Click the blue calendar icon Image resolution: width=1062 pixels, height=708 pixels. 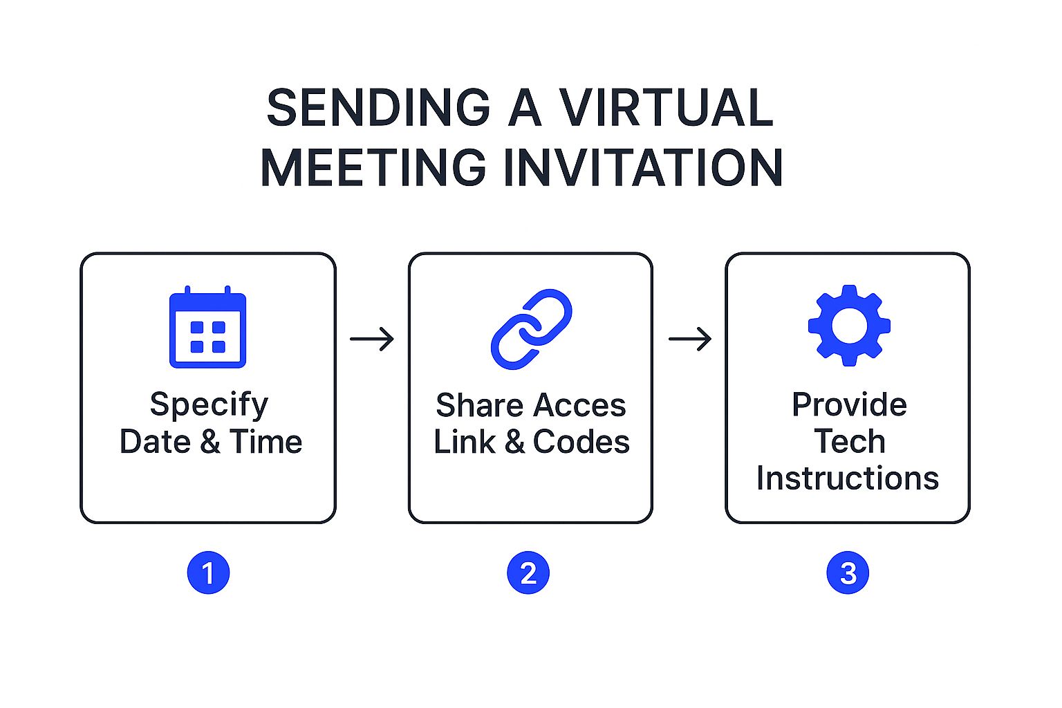[x=208, y=327]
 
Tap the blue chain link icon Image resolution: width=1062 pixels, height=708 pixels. [x=531, y=329]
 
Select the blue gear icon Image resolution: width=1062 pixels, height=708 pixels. [x=849, y=325]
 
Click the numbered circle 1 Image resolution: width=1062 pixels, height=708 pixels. [x=208, y=573]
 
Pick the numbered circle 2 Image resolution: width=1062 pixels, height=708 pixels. [x=528, y=573]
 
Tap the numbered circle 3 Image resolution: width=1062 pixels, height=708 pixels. [x=848, y=573]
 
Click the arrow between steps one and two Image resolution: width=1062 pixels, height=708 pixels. [x=372, y=339]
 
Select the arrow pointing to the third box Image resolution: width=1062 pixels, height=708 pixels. [x=690, y=339]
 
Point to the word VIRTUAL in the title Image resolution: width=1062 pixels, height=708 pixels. [x=666, y=108]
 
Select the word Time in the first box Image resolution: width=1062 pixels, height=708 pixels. [x=266, y=442]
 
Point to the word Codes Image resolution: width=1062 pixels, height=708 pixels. [x=581, y=442]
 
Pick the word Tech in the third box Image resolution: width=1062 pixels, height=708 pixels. [x=849, y=442]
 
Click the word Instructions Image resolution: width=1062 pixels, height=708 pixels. [x=848, y=478]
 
